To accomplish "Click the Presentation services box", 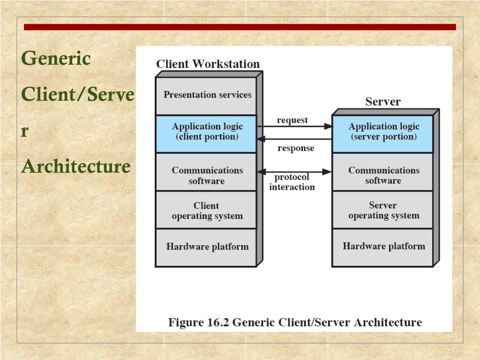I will coord(206,95).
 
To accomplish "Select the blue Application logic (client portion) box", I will coord(206,133).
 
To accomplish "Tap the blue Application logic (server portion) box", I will coord(383,133).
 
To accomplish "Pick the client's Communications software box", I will coord(206,172).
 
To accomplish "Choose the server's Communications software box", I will coord(383,172).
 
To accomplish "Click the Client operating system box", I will coord(206,210).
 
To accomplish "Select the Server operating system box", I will coord(383,210).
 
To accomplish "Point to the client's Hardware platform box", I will coord(206,247).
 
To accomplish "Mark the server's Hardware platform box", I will coord(383,247).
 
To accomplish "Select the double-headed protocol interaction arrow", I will coord(294,172).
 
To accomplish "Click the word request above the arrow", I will coord(292,120).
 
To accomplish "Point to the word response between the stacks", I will coord(296,148).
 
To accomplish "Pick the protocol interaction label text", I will coord(292,182).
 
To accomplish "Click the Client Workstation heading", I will coord(208,64).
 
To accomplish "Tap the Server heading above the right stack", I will coord(383,102).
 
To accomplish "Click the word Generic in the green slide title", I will coord(56,59).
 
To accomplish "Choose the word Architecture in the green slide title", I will coord(75,166).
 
